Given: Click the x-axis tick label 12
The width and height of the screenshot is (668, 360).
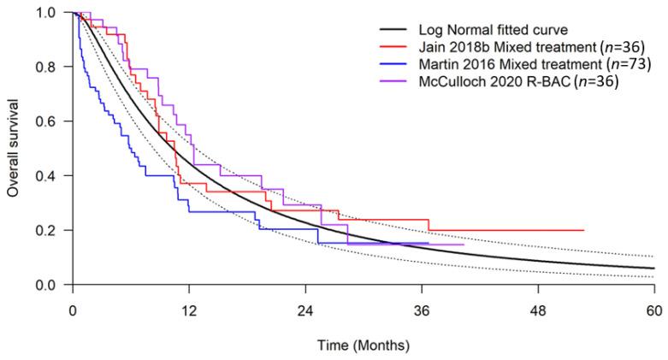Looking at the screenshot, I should pos(189,312).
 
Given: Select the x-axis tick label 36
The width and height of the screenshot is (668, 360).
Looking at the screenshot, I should pos(422,312).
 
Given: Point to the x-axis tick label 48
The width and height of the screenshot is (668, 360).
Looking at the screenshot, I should pos(538,312).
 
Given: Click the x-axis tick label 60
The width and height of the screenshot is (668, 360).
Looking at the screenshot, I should pos(653,312).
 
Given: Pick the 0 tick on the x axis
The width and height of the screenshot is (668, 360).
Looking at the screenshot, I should pos(74,312).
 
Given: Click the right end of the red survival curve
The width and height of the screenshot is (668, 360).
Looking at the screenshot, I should pos(583,230).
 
